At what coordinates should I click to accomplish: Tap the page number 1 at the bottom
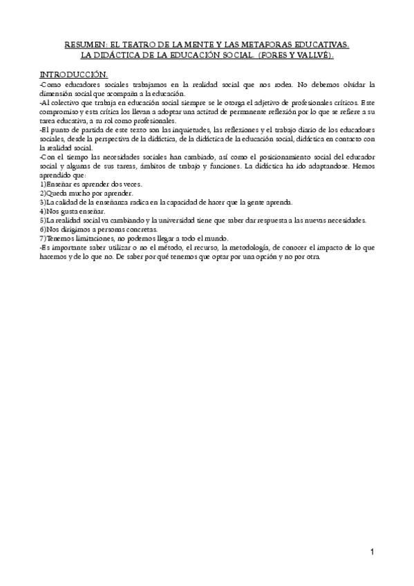[x=371, y=551]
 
